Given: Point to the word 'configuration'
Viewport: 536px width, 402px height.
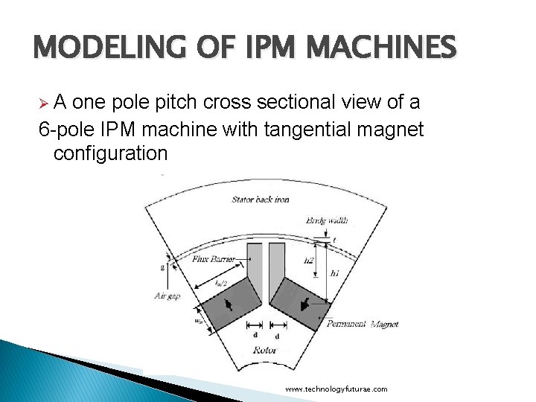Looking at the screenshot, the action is pos(110,154).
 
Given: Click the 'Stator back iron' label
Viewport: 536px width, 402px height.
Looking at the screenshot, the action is pos(261,200).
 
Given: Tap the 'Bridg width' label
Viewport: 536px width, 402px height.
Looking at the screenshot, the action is pos(326,220).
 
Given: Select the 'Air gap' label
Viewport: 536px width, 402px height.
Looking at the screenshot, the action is pos(167,296).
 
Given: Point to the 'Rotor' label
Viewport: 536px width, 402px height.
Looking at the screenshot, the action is pos(265,349).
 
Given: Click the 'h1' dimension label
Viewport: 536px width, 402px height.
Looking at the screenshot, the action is pos(334,274).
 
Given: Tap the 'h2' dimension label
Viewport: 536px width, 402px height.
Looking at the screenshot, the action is pos(310,261).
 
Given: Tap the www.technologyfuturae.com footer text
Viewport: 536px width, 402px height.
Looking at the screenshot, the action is pos(336,389).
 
